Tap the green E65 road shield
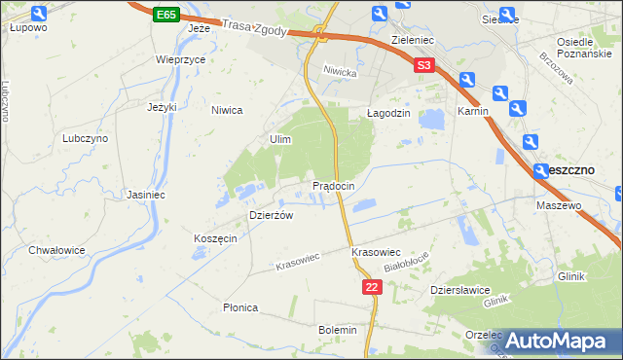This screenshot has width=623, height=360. [165, 15]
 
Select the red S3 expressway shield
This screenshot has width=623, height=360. [422, 66]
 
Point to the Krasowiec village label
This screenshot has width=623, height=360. [377, 252]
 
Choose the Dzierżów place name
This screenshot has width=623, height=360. [272, 216]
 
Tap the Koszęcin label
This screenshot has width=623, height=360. [215, 239]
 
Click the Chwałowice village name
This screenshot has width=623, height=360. [56, 250]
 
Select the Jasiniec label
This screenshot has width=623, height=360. [144, 195]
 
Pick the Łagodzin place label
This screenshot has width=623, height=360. [388, 113]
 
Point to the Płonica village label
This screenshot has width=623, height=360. [240, 307]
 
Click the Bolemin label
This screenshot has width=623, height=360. [338, 330]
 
